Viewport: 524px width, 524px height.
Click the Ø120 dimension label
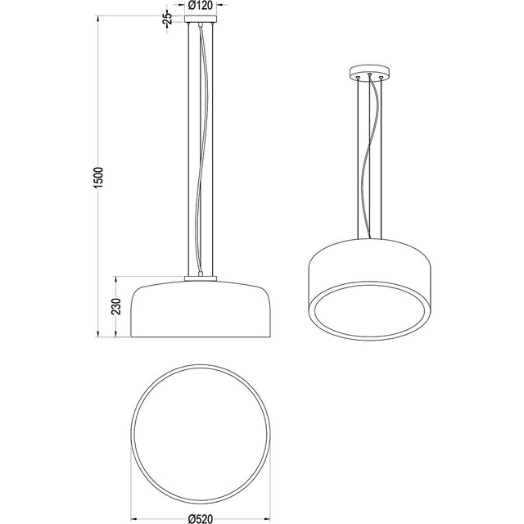(201, 7)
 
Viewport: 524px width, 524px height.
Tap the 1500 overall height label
(97, 179)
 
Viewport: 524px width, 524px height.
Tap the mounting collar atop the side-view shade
(201, 278)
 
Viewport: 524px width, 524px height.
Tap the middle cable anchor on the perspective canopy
(369, 75)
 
